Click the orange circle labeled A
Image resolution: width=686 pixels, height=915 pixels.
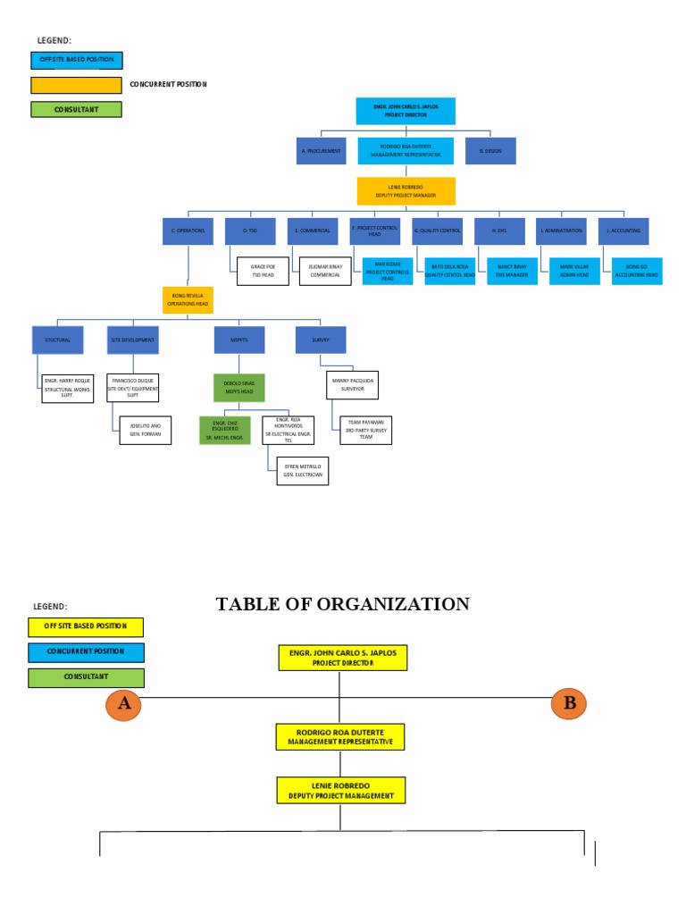coord(124,704)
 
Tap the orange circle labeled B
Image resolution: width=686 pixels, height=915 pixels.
coord(569,703)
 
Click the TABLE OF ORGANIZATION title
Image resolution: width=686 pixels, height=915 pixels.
coord(343,605)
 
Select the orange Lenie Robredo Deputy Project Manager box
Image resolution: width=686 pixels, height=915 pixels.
coord(406,191)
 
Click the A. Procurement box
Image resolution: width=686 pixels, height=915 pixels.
coord(321,151)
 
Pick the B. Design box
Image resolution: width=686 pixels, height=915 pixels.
coord(490,151)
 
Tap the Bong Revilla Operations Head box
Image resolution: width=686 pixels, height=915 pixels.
coord(188,299)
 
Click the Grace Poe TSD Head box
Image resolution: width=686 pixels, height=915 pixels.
coord(263,271)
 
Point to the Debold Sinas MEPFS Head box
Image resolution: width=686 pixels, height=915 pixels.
coord(239,387)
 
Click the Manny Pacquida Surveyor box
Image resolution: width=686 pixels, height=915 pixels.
coord(352,384)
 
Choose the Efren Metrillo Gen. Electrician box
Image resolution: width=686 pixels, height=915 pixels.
coord(302,471)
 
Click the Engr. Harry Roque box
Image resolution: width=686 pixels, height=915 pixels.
coord(67,389)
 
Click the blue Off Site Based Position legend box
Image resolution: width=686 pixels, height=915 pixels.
coord(76,61)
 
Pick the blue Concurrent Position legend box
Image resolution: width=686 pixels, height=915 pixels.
coord(85,652)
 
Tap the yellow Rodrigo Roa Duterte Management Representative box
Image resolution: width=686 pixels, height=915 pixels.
coord(339,737)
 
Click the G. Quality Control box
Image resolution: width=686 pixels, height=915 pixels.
coord(436,231)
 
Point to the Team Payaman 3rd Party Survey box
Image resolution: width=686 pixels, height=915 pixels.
coord(364,430)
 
